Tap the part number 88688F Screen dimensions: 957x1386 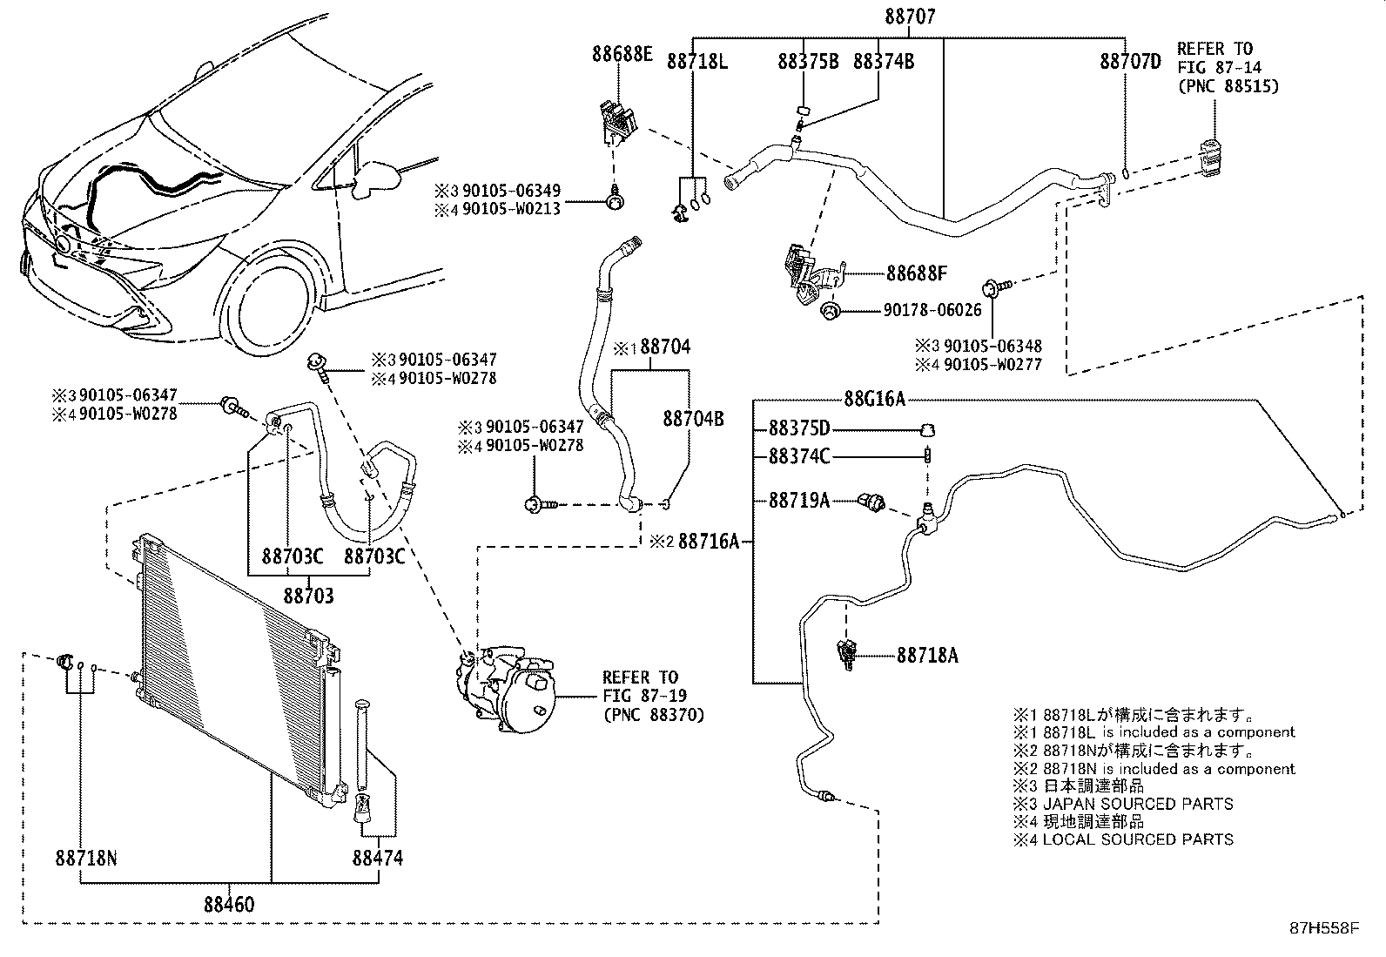[916, 273]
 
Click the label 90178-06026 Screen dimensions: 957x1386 [932, 310]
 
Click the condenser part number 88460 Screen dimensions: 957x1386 [230, 905]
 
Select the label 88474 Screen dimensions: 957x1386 [378, 859]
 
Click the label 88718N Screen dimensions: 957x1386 [85, 859]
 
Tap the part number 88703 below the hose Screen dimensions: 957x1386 [308, 596]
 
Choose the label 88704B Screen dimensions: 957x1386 [693, 419]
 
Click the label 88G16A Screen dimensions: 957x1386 [874, 400]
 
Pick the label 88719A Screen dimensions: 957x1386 [798, 501]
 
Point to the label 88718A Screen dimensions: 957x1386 [927, 655]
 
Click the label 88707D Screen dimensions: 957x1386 [1130, 61]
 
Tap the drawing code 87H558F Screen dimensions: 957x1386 [1323, 929]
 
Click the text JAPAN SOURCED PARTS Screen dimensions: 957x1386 [1138, 804]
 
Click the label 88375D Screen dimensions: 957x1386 [798, 428]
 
